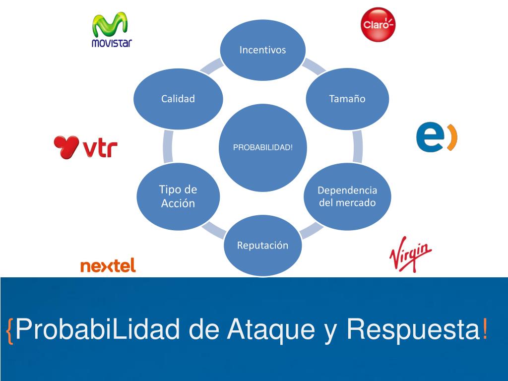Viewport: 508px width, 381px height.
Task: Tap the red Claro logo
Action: tap(378, 24)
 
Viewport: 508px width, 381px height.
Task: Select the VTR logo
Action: tap(85, 147)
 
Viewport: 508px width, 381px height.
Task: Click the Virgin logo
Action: tap(410, 254)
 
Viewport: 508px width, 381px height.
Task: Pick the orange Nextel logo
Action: tap(108, 266)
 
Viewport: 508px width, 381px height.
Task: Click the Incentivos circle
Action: tap(262, 50)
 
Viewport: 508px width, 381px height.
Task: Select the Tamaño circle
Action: tap(347, 99)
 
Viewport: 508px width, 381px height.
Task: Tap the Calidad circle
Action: tap(178, 99)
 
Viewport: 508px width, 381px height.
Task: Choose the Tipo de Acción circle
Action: tap(178, 196)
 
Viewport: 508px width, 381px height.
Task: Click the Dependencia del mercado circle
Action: tap(347, 196)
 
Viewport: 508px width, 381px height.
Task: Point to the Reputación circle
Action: tap(262, 246)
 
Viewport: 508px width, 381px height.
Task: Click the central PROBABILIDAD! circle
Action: tap(262, 148)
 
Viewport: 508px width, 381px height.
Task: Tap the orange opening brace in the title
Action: tap(10, 329)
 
